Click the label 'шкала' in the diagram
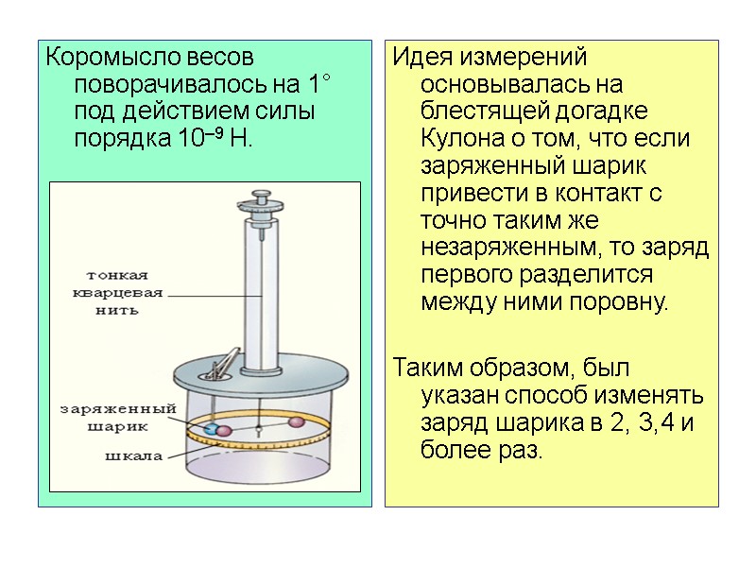click(133, 455)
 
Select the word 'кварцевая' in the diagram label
click(118, 293)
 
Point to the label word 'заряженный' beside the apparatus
click(117, 409)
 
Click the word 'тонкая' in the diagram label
click(117, 276)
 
